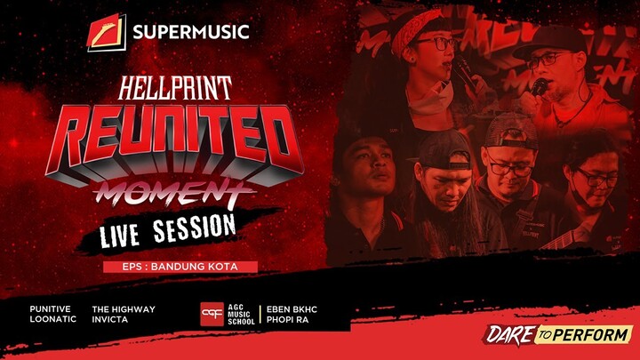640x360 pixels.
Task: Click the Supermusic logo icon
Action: (x=106, y=33)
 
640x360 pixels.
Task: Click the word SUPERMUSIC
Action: (x=190, y=34)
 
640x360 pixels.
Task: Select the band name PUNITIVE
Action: (x=50, y=309)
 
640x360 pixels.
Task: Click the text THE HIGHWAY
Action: (x=124, y=309)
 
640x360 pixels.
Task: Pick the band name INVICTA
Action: (x=111, y=320)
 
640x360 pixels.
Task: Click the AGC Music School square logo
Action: (x=212, y=315)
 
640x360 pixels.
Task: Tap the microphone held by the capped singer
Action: (x=539, y=86)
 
